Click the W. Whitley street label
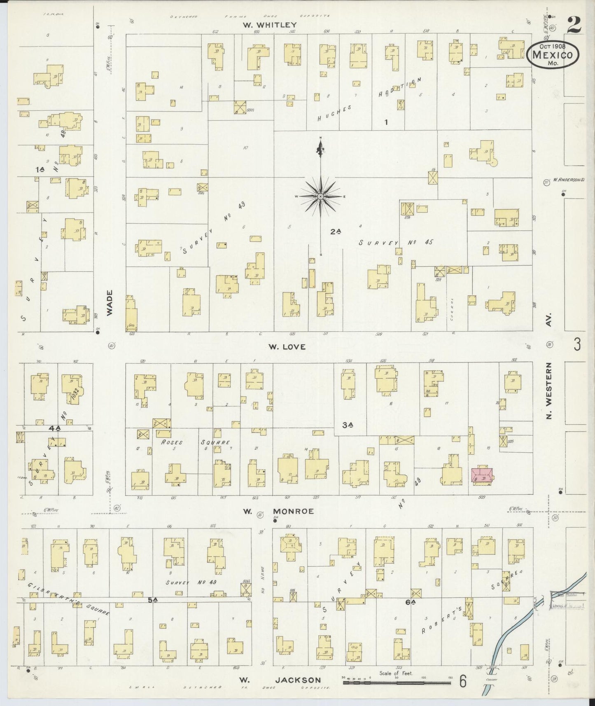270,25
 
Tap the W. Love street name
287,347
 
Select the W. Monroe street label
278,511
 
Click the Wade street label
110,302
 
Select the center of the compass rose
320,197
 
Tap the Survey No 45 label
395,243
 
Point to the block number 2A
336,232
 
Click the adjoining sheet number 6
463,681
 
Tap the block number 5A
153,600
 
